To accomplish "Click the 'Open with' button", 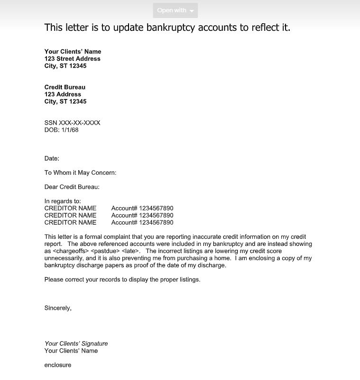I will click(175, 10).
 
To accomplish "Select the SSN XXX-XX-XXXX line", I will click(72, 123).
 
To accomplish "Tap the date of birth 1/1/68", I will click(70, 130).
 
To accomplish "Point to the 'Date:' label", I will click(52, 158).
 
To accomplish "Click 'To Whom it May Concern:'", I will click(80, 172).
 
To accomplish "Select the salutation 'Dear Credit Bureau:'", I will click(72, 187).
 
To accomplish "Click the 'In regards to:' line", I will click(63, 201).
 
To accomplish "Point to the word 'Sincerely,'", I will click(58, 308).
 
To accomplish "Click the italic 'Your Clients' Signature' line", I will click(76, 344).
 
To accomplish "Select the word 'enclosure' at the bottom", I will click(58, 365).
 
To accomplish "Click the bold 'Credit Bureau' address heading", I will click(65, 87).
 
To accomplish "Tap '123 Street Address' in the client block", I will click(72, 59).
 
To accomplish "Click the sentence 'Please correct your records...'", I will click(122, 280).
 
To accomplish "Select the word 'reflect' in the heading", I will click(257, 27).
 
